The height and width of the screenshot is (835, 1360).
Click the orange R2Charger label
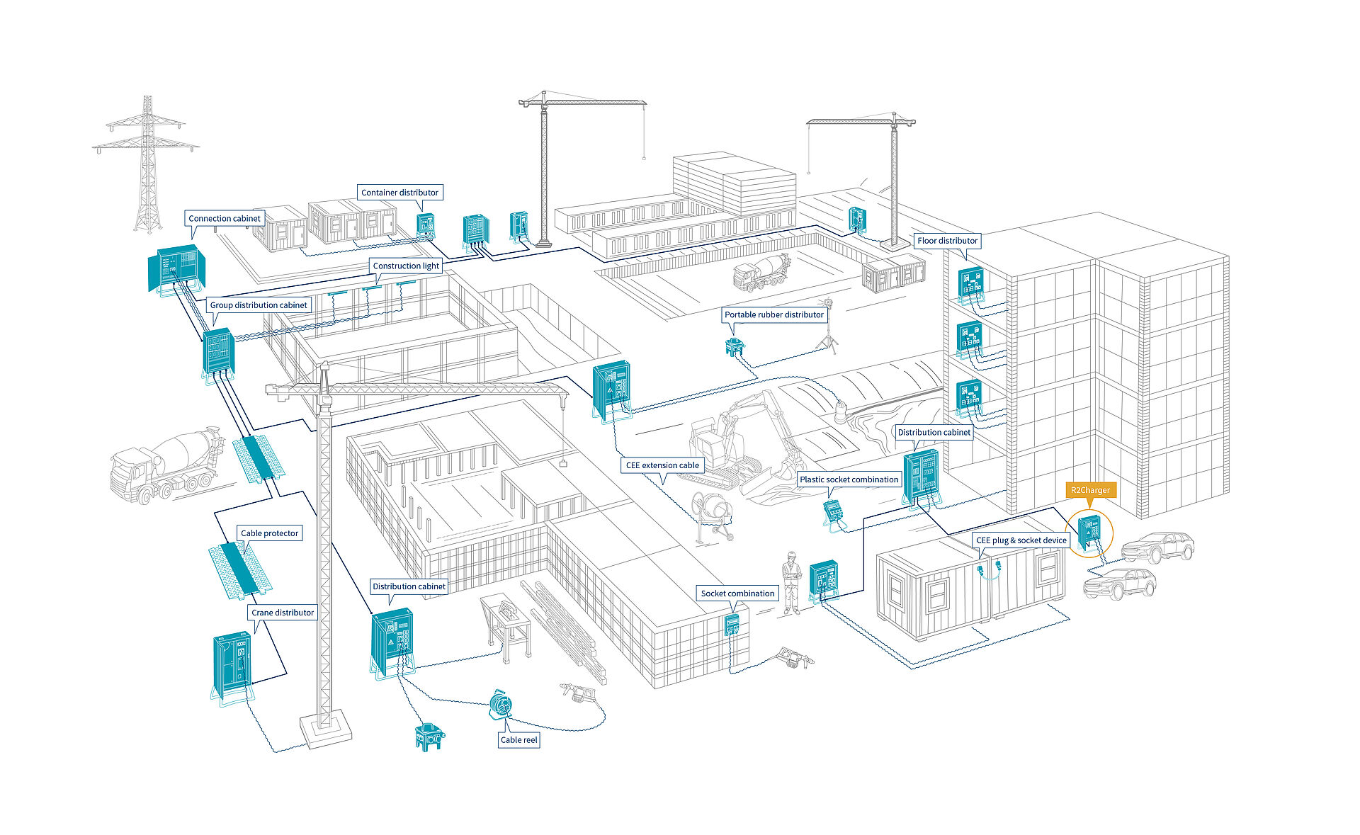tap(1089, 490)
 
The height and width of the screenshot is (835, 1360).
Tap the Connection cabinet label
tap(224, 219)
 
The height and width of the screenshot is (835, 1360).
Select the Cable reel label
tap(518, 740)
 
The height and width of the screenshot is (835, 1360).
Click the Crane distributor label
tap(283, 613)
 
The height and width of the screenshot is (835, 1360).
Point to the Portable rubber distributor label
tap(773, 314)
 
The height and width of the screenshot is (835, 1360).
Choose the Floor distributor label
tap(947, 241)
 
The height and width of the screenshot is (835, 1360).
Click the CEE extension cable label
tap(662, 465)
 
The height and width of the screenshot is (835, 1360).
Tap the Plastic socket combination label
tap(849, 479)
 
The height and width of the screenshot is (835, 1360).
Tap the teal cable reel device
tap(500, 705)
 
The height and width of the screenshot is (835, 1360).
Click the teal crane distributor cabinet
tap(232, 666)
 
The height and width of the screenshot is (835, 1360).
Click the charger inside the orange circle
tap(1089, 531)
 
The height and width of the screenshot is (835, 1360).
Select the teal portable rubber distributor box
tap(734, 346)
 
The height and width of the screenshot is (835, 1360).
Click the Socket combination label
tap(737, 593)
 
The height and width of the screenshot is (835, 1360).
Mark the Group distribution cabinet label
tap(259, 305)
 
